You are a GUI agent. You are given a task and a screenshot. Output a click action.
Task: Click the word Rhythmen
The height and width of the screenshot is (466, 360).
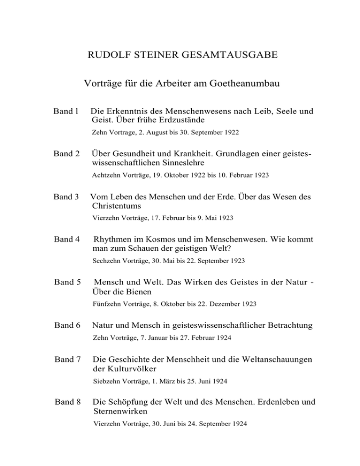(x=114, y=240)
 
